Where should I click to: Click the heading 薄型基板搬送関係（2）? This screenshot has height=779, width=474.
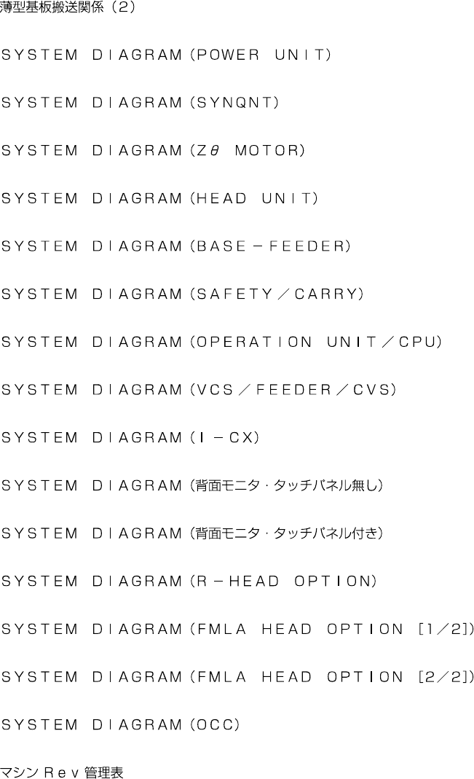tap(67, 9)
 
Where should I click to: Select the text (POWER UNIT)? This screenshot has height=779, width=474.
tap(260, 55)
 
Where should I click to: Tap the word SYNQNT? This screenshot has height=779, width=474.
tap(234, 103)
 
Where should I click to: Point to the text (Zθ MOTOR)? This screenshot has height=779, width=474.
tap(247, 151)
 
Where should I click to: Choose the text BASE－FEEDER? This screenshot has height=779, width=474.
tap(269, 246)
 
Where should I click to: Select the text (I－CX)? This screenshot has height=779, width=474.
tap(224, 438)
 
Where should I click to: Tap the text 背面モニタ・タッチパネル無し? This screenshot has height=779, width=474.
tap(287, 485)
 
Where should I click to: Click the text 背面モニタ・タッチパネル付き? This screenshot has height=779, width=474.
tap(287, 533)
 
